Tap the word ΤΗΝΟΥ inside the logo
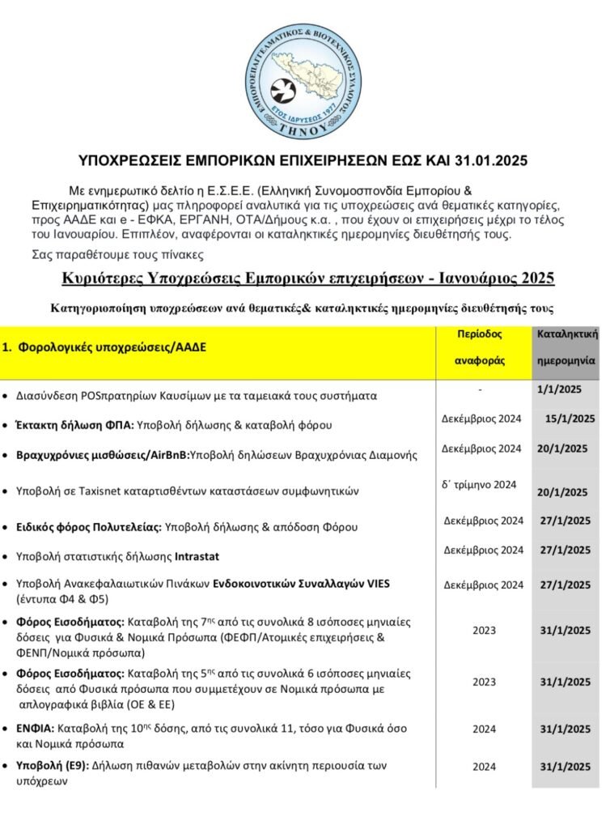pos(305,128)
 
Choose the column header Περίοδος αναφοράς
pos(485,346)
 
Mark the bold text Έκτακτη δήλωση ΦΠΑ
pos(74,424)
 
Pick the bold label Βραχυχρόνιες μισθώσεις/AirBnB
pos(102,455)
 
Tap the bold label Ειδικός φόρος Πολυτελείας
pos(89,527)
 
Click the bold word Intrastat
pos(197,556)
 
